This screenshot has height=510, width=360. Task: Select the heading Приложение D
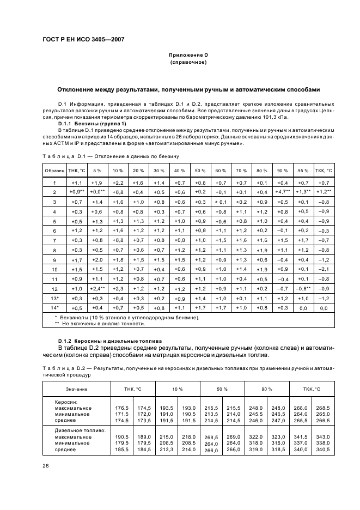coord(188,56)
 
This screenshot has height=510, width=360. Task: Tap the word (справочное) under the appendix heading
coord(188,63)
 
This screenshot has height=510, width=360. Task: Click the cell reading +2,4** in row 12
coord(96,288)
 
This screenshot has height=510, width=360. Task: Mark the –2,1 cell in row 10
coord(324,269)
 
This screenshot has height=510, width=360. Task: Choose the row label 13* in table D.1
coord(54,299)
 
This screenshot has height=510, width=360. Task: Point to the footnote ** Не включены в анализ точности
coord(100,324)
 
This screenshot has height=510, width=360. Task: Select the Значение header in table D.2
coord(76,388)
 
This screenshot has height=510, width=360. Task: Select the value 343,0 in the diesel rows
coord(323,436)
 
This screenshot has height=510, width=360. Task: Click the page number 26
coord(46,465)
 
